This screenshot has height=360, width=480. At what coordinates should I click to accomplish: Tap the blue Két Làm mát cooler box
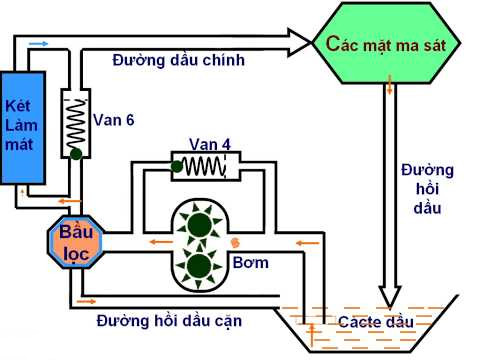click(x=22, y=125)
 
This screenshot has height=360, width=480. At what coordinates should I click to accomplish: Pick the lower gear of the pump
click(x=199, y=266)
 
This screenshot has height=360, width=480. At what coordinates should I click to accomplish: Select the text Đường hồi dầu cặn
click(x=168, y=321)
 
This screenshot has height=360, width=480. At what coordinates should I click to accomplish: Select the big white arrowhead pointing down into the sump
click(x=389, y=294)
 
